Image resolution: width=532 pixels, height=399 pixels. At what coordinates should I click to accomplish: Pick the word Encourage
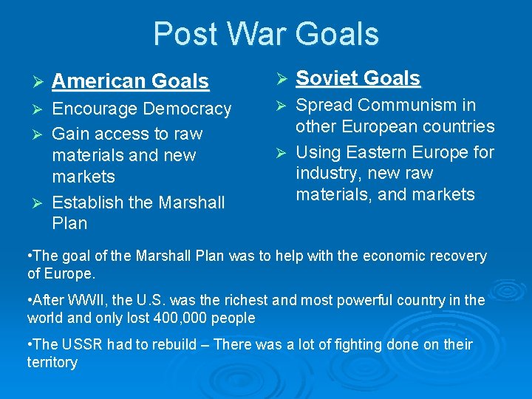[x=95, y=109]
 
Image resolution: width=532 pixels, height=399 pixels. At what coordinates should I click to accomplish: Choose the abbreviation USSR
[x=83, y=345]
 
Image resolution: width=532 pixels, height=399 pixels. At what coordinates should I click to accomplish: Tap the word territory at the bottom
[x=52, y=363]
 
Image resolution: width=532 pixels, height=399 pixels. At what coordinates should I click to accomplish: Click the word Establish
[x=86, y=202]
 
